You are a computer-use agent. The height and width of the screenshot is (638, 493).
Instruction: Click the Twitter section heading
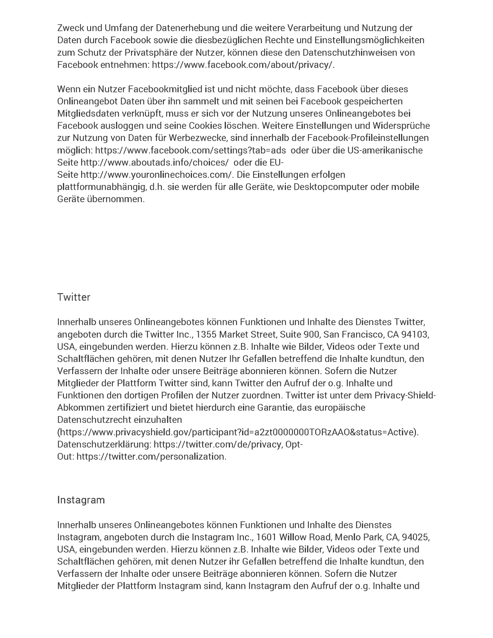tap(73, 297)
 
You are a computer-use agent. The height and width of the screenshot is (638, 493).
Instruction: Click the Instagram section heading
tap(81, 500)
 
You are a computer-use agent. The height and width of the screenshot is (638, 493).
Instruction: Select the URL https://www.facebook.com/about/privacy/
tap(243, 65)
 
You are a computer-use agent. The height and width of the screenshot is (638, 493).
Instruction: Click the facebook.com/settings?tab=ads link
tap(190, 150)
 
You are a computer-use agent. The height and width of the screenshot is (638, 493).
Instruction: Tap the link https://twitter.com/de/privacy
tap(218, 445)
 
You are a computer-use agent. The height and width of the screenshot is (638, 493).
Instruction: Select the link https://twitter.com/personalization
tap(151, 457)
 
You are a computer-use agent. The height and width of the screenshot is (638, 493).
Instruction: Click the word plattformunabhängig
tap(102, 187)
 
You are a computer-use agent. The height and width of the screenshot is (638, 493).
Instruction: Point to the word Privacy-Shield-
tap(405, 395)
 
